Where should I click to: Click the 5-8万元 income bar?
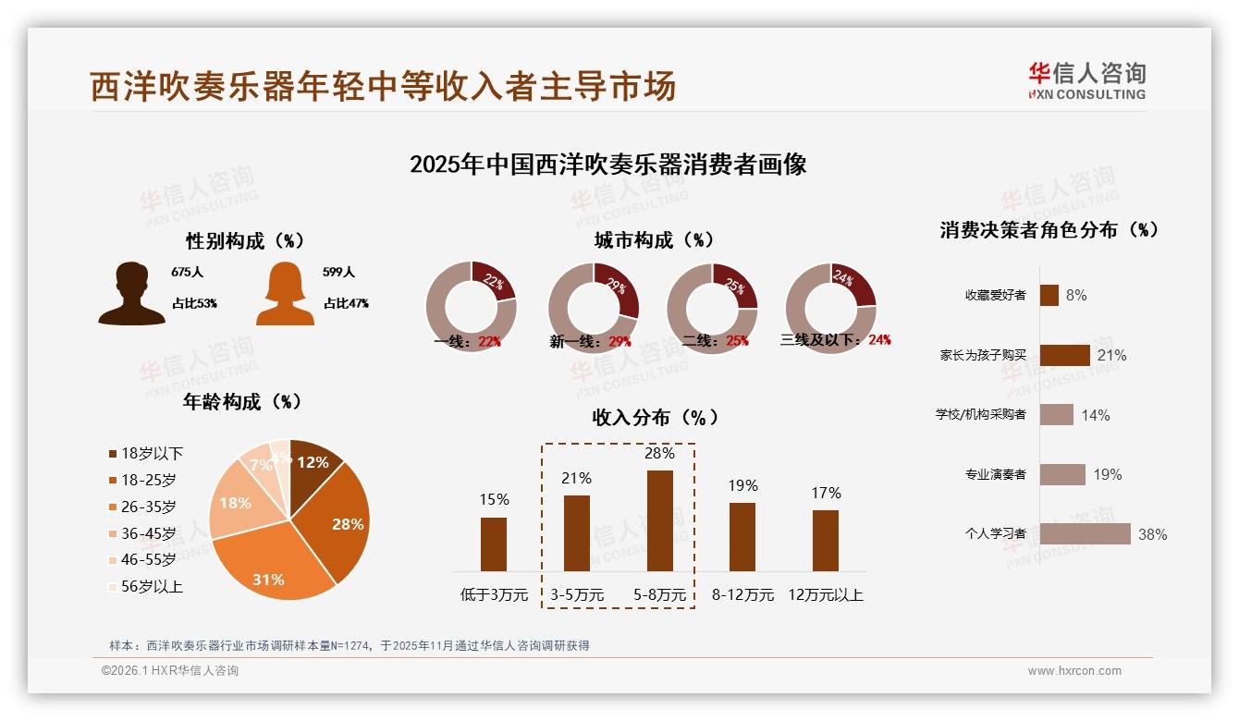tap(659, 520)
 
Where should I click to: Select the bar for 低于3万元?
tap(494, 544)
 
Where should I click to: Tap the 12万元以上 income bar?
tap(826, 540)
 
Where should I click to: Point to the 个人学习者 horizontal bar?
tap(1086, 533)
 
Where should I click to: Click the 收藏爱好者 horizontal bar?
tap(1049, 295)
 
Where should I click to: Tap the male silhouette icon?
tap(131, 294)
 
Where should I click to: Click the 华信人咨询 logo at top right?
tap(1086, 81)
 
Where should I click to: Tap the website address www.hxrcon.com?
tap(1074, 671)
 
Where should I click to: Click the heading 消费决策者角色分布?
tap(1049, 230)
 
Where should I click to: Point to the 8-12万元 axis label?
tap(742, 594)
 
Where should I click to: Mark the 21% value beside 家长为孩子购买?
tap(1111, 355)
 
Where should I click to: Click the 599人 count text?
tap(339, 273)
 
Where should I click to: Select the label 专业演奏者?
tap(995, 474)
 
